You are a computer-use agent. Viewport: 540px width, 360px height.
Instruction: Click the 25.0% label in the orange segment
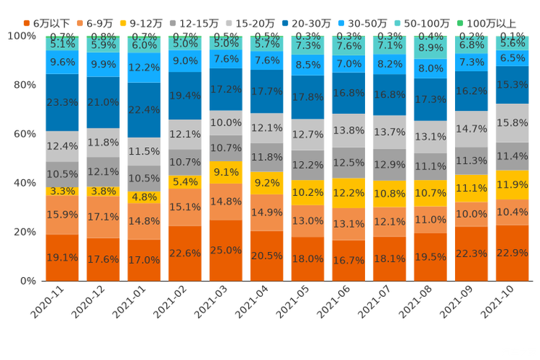pyautogui.click(x=226, y=250)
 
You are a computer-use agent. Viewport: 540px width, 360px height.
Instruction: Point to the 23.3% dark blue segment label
pyautogui.click(x=62, y=103)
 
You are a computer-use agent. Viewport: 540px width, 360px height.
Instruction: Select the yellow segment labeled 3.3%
pyautogui.click(x=62, y=192)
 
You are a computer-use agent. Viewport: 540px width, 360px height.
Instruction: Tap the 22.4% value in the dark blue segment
pyautogui.click(x=144, y=110)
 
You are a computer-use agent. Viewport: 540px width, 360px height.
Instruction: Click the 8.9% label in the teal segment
pyautogui.click(x=430, y=48)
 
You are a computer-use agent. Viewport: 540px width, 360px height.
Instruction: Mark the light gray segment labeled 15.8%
pyautogui.click(x=512, y=123)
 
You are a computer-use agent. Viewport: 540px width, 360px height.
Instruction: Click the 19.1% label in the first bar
pyautogui.click(x=62, y=257)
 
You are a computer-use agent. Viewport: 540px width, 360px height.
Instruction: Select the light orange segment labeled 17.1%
pyautogui.click(x=103, y=216)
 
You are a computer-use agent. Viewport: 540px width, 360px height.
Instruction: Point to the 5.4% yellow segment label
pyautogui.click(x=185, y=181)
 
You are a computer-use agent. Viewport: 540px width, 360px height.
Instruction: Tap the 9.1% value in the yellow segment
pyautogui.click(x=226, y=173)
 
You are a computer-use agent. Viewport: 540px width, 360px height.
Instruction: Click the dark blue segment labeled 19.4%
pyautogui.click(x=185, y=95)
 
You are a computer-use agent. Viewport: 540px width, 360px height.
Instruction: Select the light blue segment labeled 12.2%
pyautogui.click(x=144, y=67)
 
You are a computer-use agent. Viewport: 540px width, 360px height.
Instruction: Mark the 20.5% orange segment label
pyautogui.click(x=266, y=255)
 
